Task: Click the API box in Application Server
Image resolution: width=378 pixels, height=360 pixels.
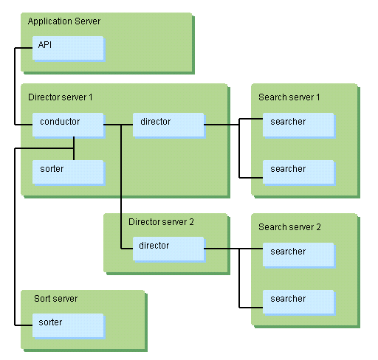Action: [x=68, y=48]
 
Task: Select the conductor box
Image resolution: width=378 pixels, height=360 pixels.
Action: [x=68, y=125]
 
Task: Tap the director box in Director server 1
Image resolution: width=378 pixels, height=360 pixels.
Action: [x=168, y=125]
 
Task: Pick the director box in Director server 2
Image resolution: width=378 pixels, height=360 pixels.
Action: [x=168, y=249]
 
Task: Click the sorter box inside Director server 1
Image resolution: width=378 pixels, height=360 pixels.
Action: [x=68, y=172]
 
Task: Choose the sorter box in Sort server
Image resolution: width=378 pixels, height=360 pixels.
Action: [x=68, y=325]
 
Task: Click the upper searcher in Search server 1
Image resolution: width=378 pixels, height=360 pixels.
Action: [x=298, y=125]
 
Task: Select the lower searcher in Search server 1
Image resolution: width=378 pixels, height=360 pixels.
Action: [x=298, y=172]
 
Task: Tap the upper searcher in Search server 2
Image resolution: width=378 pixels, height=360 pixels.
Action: [x=298, y=255]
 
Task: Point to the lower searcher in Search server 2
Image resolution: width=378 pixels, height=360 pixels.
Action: [x=298, y=302]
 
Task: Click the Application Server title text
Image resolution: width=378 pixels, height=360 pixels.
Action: [x=64, y=21]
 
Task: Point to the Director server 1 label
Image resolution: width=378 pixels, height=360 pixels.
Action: [x=61, y=97]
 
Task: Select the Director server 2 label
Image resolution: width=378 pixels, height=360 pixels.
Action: [x=161, y=222]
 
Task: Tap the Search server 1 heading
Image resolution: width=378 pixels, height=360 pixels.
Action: [x=289, y=97]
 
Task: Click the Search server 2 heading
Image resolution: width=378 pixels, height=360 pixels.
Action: [x=289, y=227]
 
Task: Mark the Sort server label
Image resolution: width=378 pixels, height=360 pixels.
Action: [x=56, y=299]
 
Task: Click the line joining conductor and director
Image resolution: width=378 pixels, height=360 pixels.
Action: [x=118, y=125]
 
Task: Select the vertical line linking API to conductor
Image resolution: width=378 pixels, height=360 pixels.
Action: [x=15, y=86]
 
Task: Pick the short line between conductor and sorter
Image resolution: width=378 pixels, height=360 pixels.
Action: [x=74, y=148]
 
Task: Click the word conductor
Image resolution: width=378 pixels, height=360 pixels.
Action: [x=60, y=122]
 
